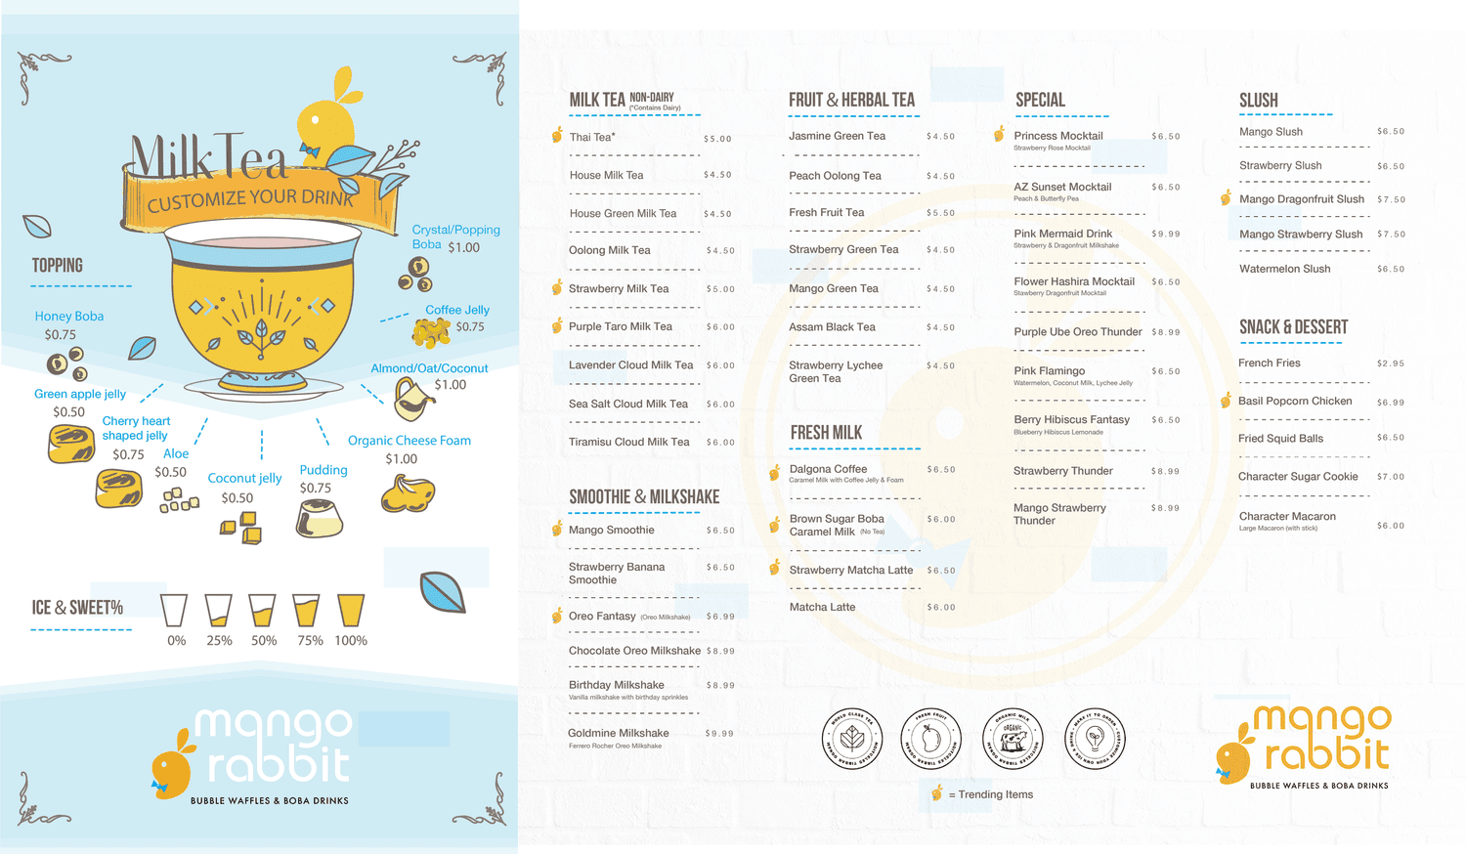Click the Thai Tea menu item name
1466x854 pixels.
pos(592,138)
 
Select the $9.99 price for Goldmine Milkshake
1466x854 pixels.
pos(719,734)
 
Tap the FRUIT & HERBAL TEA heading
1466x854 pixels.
pos(851,100)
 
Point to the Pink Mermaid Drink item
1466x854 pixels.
pos(1062,235)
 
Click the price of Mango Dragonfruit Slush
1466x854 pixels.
pos(1391,199)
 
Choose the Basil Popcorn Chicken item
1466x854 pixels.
pos(1295,401)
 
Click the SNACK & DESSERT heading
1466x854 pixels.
pos(1293,327)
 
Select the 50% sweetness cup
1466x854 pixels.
pos(262,610)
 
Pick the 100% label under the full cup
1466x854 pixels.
pos(351,641)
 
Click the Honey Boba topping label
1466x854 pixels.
pos(68,317)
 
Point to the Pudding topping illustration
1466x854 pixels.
pos(320,518)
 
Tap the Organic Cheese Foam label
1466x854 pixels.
pos(410,441)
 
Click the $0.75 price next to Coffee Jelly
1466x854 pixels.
pos(470,327)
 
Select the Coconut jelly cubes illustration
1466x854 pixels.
pos(241,529)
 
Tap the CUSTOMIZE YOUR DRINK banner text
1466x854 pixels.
pos(250,199)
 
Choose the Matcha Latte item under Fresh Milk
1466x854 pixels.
pos(822,608)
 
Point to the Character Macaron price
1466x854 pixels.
pos(1390,526)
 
